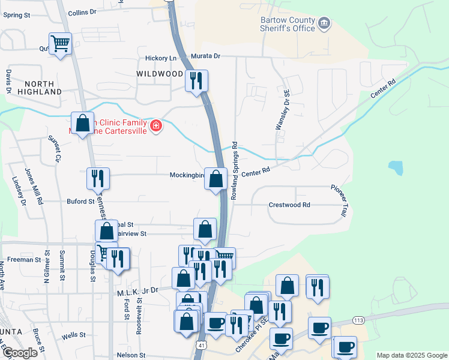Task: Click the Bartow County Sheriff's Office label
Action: coord(288,24)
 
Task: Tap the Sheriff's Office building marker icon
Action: coord(325,24)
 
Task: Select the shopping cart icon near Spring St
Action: coord(60,44)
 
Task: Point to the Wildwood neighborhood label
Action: coord(160,74)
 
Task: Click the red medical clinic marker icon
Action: coord(156,125)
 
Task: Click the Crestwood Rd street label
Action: coord(289,205)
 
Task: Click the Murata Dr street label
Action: coord(206,56)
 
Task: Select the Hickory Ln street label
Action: coord(162,58)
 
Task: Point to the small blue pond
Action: coord(395,167)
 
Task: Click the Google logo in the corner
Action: coord(20,353)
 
